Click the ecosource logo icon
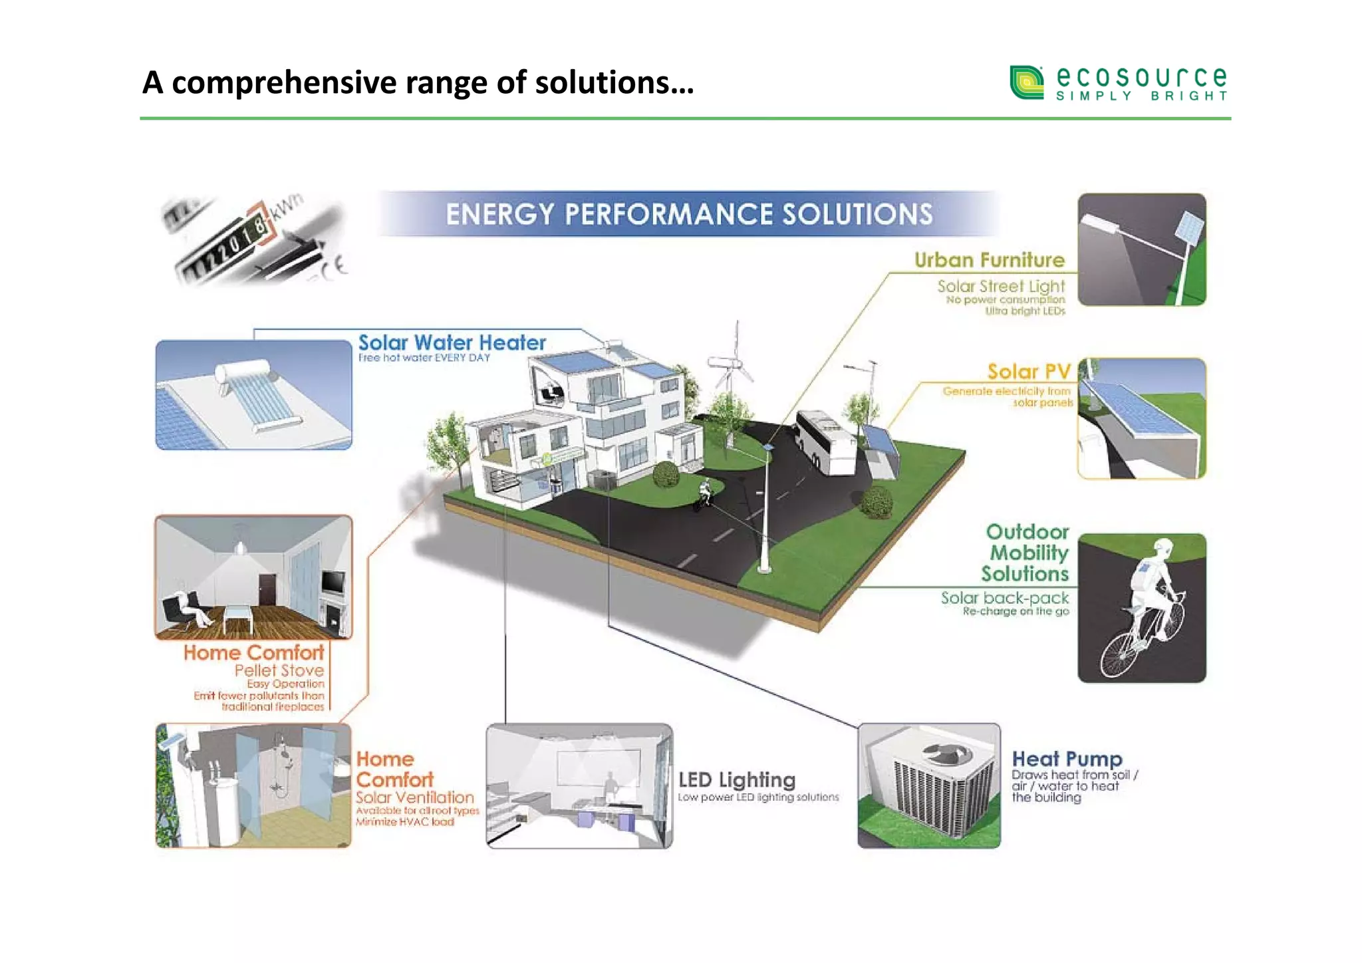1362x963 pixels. tap(1027, 82)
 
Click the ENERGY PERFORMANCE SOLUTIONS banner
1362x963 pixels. tap(688, 214)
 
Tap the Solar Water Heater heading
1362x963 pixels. tap(452, 343)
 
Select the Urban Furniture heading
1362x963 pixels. tap(989, 260)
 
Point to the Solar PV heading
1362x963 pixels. tap(1028, 372)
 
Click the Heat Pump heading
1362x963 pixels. tap(1067, 759)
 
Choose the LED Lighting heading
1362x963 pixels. tap(736, 779)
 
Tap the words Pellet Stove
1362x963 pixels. tap(279, 670)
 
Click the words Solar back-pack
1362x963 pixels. tap(1004, 598)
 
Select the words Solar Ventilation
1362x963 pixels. tap(414, 797)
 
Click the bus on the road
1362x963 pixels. tap(825, 442)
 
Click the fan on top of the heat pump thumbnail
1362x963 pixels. tap(946, 754)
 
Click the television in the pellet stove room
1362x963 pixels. tap(333, 583)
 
